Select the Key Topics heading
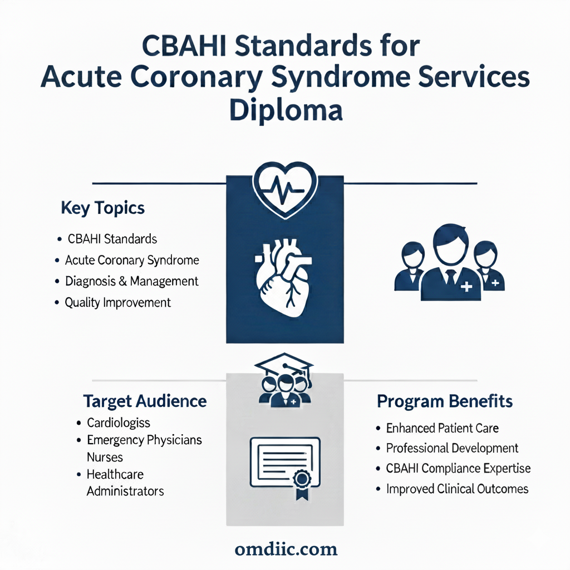pos(103,208)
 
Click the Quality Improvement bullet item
pos(118,302)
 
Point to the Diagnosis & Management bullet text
pos(131,281)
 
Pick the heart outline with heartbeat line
pos(286,190)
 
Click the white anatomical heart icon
pos(283,277)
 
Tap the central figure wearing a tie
pos(451,263)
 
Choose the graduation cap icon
pos(284,365)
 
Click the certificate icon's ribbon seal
pos(302,484)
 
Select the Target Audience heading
pos(145,401)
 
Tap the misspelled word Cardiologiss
pos(119,423)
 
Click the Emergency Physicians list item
pos(144,440)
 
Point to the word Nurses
pos(105,458)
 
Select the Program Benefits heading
pos(445,402)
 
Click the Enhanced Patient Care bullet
pos(443,428)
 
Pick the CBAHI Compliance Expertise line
pos(459,468)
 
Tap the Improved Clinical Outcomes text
pos(458,489)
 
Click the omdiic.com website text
pos(286,549)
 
